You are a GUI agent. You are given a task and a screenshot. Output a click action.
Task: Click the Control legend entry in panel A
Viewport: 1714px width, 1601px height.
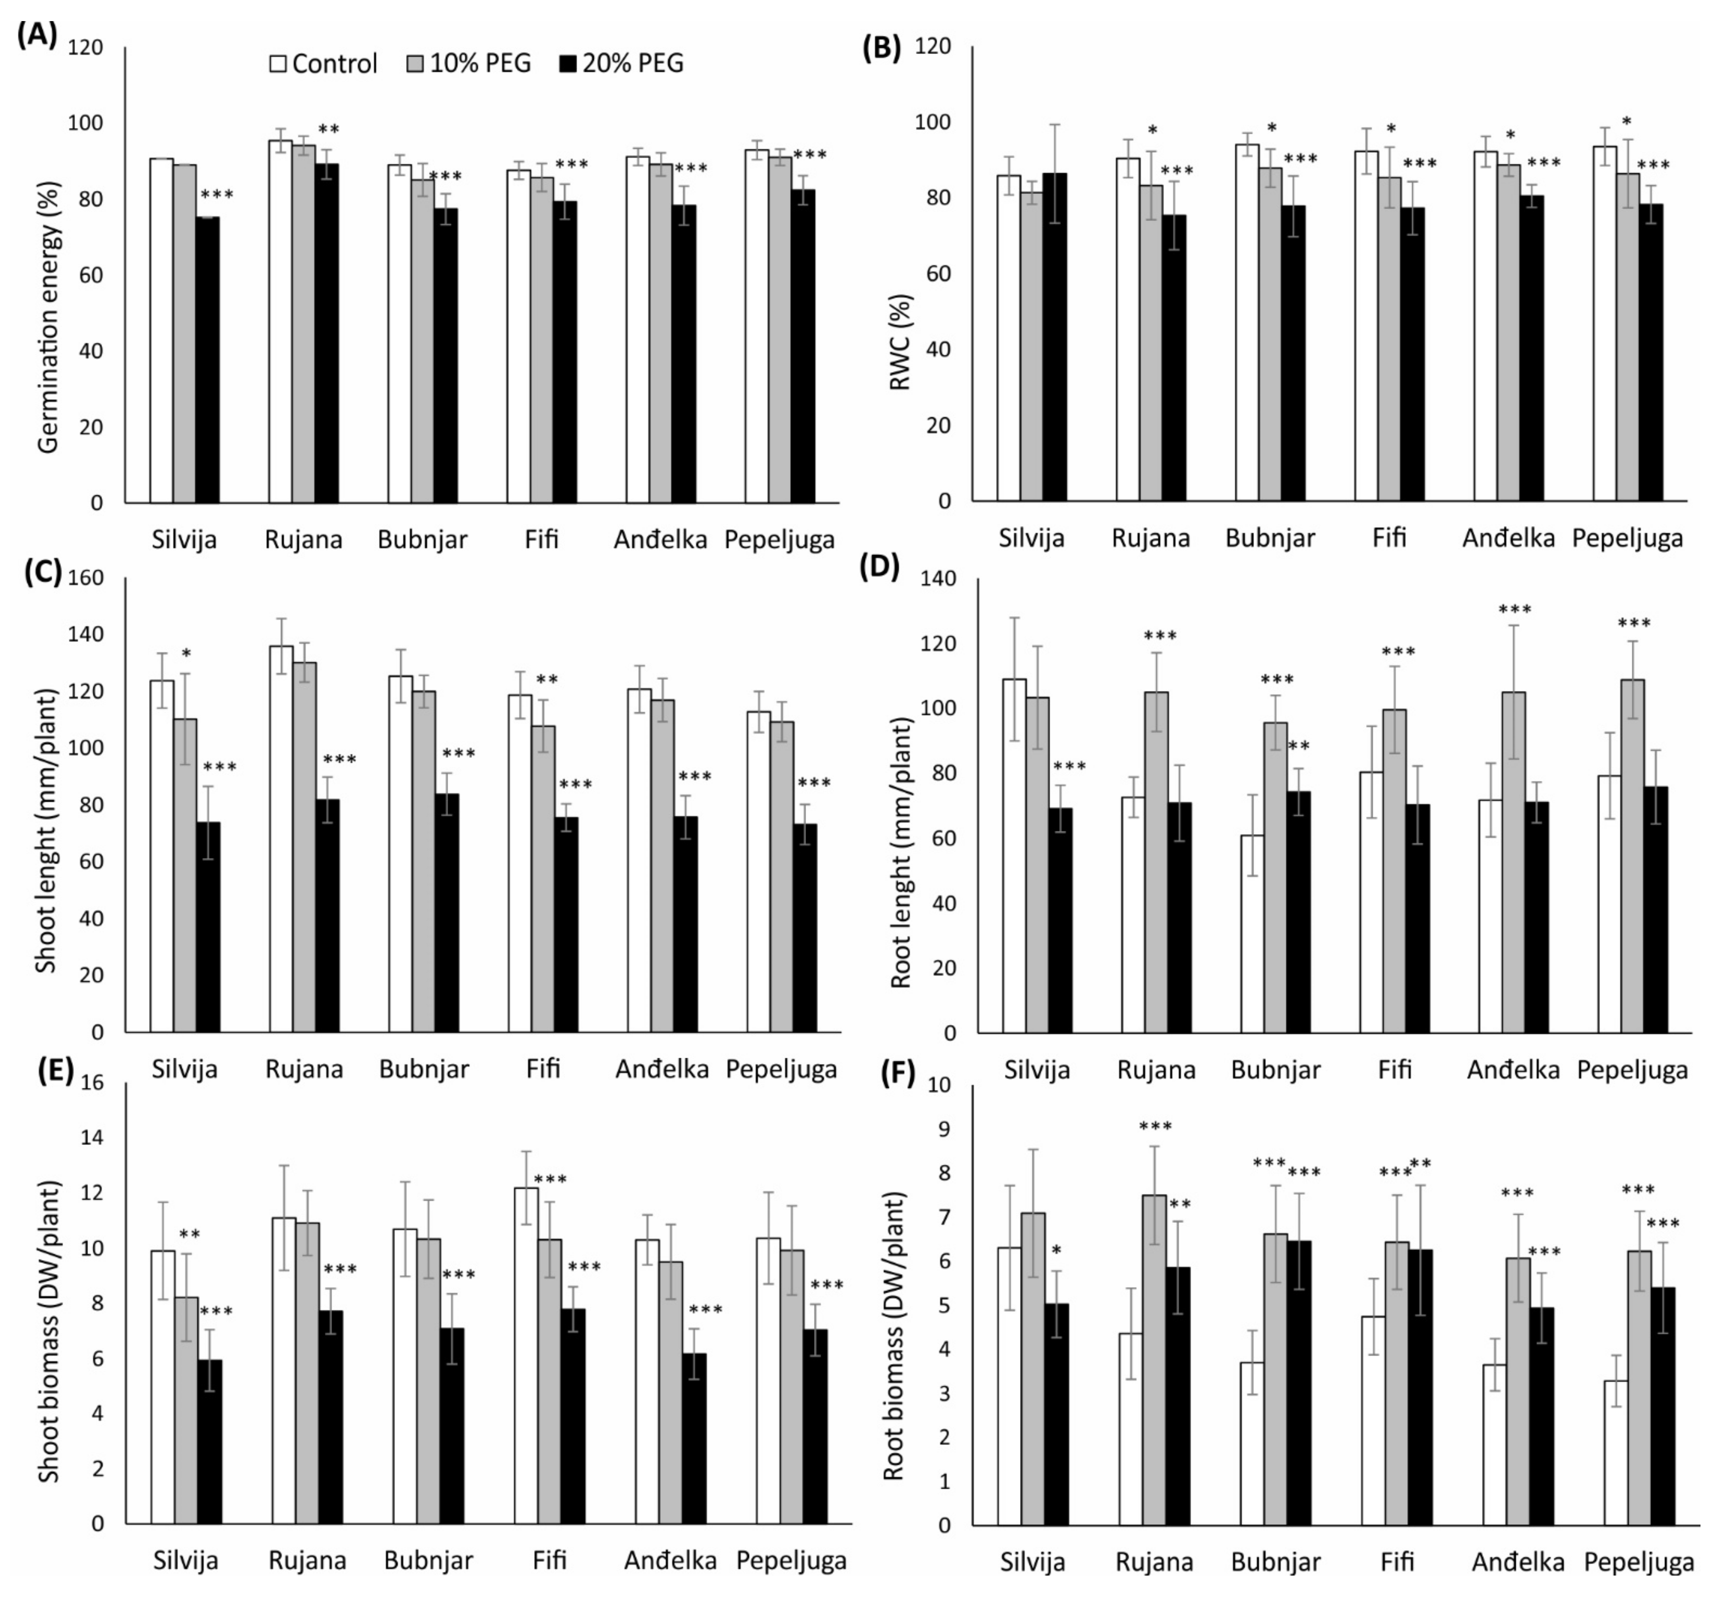(323, 64)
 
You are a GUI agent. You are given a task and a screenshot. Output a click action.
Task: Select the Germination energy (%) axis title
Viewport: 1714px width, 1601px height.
(49, 317)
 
